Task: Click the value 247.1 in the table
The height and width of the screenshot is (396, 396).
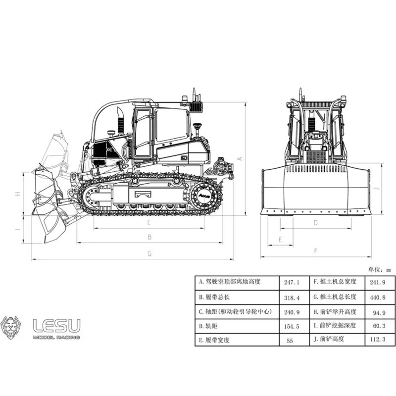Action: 292,282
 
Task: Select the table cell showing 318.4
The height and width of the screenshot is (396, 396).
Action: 292,298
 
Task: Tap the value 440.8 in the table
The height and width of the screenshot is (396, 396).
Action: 377,297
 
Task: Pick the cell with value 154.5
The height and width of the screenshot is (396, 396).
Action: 292,327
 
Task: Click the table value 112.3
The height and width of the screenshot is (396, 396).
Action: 377,340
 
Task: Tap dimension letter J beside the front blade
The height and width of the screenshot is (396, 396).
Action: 377,189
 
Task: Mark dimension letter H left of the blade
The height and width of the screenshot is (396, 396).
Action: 18,194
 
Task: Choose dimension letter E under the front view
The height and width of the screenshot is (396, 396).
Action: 280,240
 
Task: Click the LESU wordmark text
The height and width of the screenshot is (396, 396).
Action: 56,326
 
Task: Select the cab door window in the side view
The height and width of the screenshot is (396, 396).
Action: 143,133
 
